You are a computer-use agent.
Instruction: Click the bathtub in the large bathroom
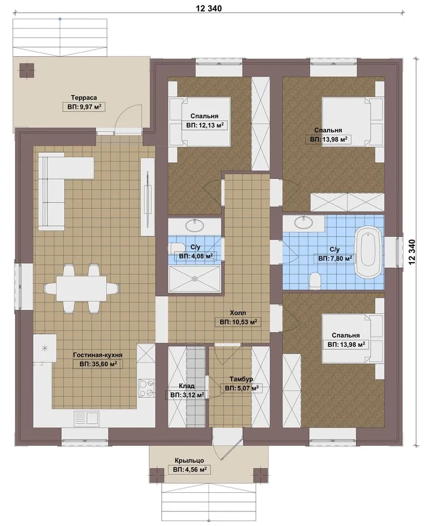[x=368, y=252]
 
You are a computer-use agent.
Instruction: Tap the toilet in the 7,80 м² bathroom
[x=316, y=280]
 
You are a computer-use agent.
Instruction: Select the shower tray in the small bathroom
[x=194, y=279]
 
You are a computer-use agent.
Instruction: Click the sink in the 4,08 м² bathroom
[x=195, y=225]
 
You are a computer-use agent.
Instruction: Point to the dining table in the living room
[x=81, y=288]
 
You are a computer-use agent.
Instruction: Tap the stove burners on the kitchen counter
[x=146, y=388]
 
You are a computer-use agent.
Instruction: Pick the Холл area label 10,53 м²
[x=238, y=322]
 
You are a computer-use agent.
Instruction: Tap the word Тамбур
[x=241, y=379]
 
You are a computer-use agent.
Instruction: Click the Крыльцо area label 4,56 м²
[x=189, y=470]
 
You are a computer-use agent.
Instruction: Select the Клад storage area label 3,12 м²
[x=187, y=395]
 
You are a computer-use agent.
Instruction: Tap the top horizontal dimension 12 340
[x=209, y=8]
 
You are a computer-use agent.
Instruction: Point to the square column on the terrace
[x=26, y=71]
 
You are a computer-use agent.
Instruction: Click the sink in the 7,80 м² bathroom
[x=304, y=222]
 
